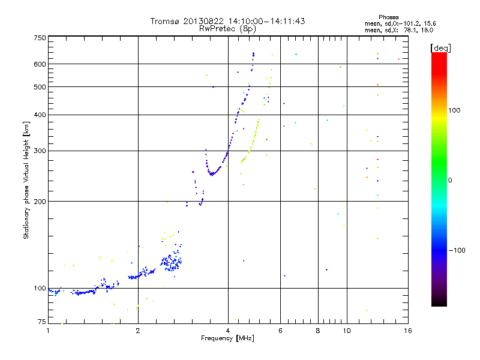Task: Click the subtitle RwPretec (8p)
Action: tap(228, 28)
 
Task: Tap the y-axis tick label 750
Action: tap(40, 37)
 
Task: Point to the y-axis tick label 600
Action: tap(40, 64)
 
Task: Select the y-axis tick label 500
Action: tap(40, 86)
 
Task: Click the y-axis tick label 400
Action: tap(40, 115)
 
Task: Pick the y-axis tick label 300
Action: tap(40, 151)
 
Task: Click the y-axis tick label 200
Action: tap(40, 201)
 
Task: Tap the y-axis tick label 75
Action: tap(41, 323)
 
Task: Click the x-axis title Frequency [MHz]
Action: tap(229, 338)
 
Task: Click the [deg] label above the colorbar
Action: tap(440, 47)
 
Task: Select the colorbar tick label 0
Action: tap(449, 180)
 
